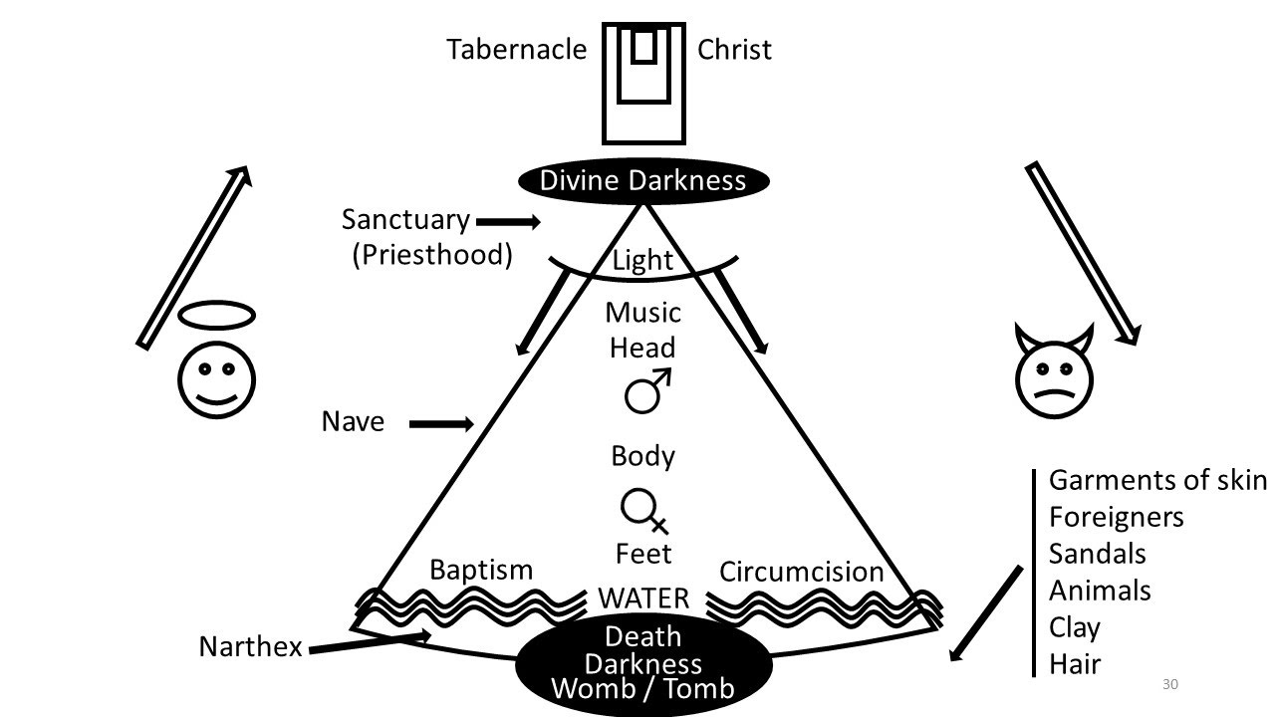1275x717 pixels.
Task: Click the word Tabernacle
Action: click(516, 49)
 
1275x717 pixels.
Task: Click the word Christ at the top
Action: click(734, 49)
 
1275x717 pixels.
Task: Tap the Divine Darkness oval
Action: click(642, 180)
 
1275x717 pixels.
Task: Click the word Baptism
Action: click(481, 569)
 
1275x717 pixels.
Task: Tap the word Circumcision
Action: click(801, 572)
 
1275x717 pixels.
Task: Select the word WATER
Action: click(642, 598)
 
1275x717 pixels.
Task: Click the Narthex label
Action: click(250, 647)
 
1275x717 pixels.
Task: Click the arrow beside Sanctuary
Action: click(508, 221)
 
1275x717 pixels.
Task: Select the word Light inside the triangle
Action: click(642, 261)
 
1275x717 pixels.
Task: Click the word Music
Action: click(643, 313)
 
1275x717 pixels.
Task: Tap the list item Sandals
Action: click(1097, 553)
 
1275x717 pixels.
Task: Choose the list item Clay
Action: click(1074, 627)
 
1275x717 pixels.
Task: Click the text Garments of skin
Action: click(1156, 480)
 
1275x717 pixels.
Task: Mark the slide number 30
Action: click(1170, 684)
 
